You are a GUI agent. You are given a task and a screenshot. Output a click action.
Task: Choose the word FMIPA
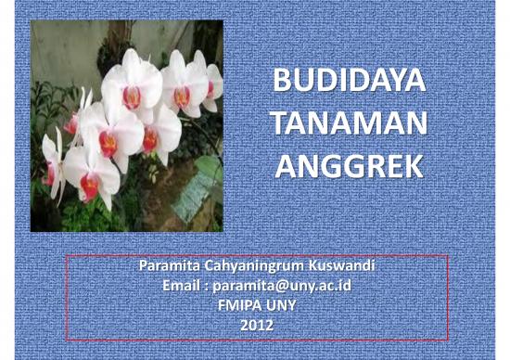pos(237,305)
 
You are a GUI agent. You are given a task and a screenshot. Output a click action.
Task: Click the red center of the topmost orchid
pos(133,96)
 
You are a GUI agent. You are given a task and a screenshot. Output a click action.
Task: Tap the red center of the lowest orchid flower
pos(89,186)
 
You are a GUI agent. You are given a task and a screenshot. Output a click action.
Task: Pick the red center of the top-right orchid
pos(182,96)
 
